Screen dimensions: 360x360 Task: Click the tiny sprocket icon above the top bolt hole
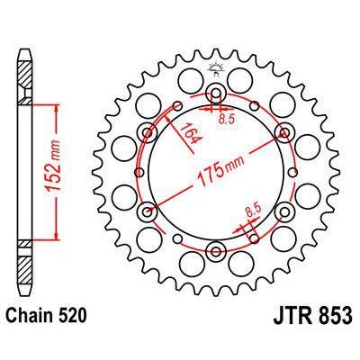tap(216, 69)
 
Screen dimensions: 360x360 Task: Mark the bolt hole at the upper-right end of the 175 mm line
tap(283, 132)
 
